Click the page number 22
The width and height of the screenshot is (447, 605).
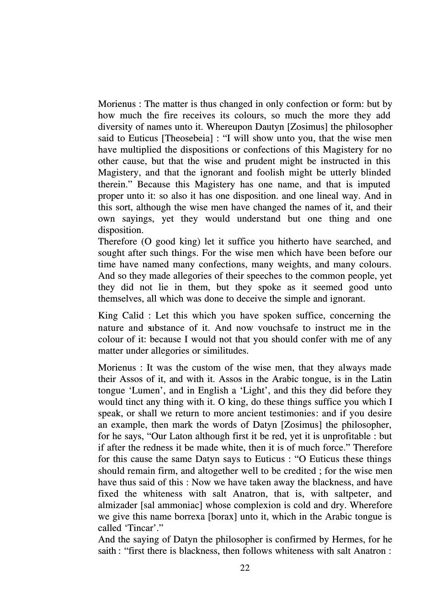coord(245,568)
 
